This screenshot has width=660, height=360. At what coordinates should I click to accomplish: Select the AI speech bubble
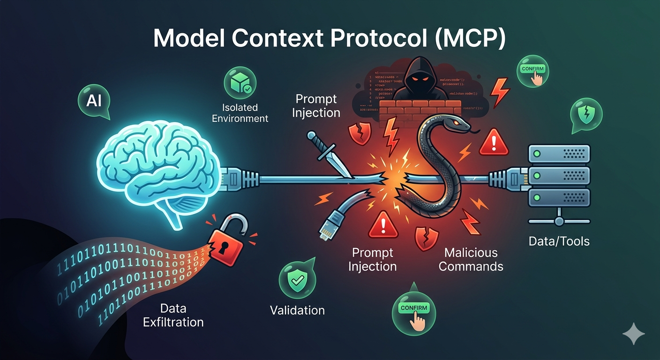point(94,100)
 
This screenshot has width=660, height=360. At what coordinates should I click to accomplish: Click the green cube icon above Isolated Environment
point(240,82)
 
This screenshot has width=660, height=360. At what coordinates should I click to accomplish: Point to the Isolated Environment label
point(240,113)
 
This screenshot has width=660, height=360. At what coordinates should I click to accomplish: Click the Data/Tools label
point(559,241)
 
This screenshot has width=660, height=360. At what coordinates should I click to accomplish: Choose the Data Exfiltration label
point(173,315)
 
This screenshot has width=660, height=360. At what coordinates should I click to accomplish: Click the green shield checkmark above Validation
point(297,280)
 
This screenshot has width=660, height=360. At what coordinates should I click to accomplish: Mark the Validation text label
point(297,310)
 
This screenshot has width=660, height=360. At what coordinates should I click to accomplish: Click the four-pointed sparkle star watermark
point(633,333)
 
